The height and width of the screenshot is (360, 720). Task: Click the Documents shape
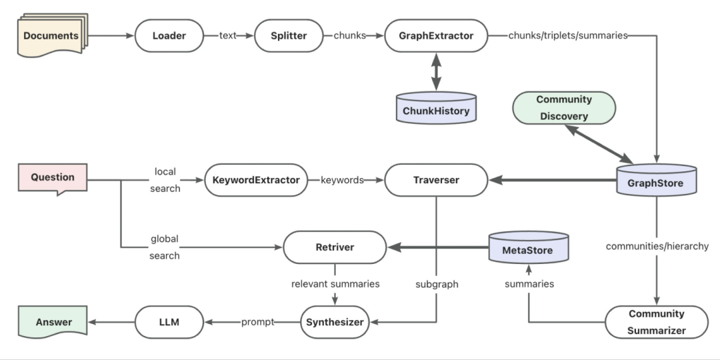point(51,36)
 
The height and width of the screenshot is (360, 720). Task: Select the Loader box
point(169,36)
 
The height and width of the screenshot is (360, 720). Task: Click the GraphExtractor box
point(436,36)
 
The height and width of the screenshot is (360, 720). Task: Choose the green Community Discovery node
point(564,108)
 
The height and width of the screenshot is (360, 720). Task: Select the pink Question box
point(53,178)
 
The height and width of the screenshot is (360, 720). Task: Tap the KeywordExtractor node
point(256,180)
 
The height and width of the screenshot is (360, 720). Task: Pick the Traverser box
point(437,180)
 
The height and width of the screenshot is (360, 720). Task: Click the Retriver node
point(335,247)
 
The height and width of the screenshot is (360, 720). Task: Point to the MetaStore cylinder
point(529,247)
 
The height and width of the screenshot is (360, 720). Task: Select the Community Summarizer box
point(657,321)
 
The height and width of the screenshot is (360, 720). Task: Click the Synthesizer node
point(335,322)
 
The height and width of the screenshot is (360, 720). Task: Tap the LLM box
point(169,322)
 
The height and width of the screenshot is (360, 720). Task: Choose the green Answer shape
point(53,322)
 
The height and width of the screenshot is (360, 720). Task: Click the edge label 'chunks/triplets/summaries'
point(568,36)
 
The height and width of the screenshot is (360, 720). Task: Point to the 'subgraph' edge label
point(437,284)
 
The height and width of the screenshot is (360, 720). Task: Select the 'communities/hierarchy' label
point(657,246)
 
